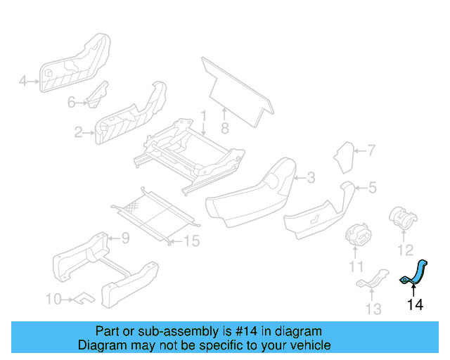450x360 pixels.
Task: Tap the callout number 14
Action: coord(415,304)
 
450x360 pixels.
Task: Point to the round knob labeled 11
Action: coord(359,234)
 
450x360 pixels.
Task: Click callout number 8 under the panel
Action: coord(225,129)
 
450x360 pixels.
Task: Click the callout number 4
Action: coord(22,82)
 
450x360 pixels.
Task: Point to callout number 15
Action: coord(191,241)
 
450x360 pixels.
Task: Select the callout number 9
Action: coord(124,238)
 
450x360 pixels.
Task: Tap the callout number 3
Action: coord(311,177)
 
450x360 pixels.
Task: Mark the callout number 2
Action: coord(78,131)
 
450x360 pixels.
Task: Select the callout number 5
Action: coord(373,187)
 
